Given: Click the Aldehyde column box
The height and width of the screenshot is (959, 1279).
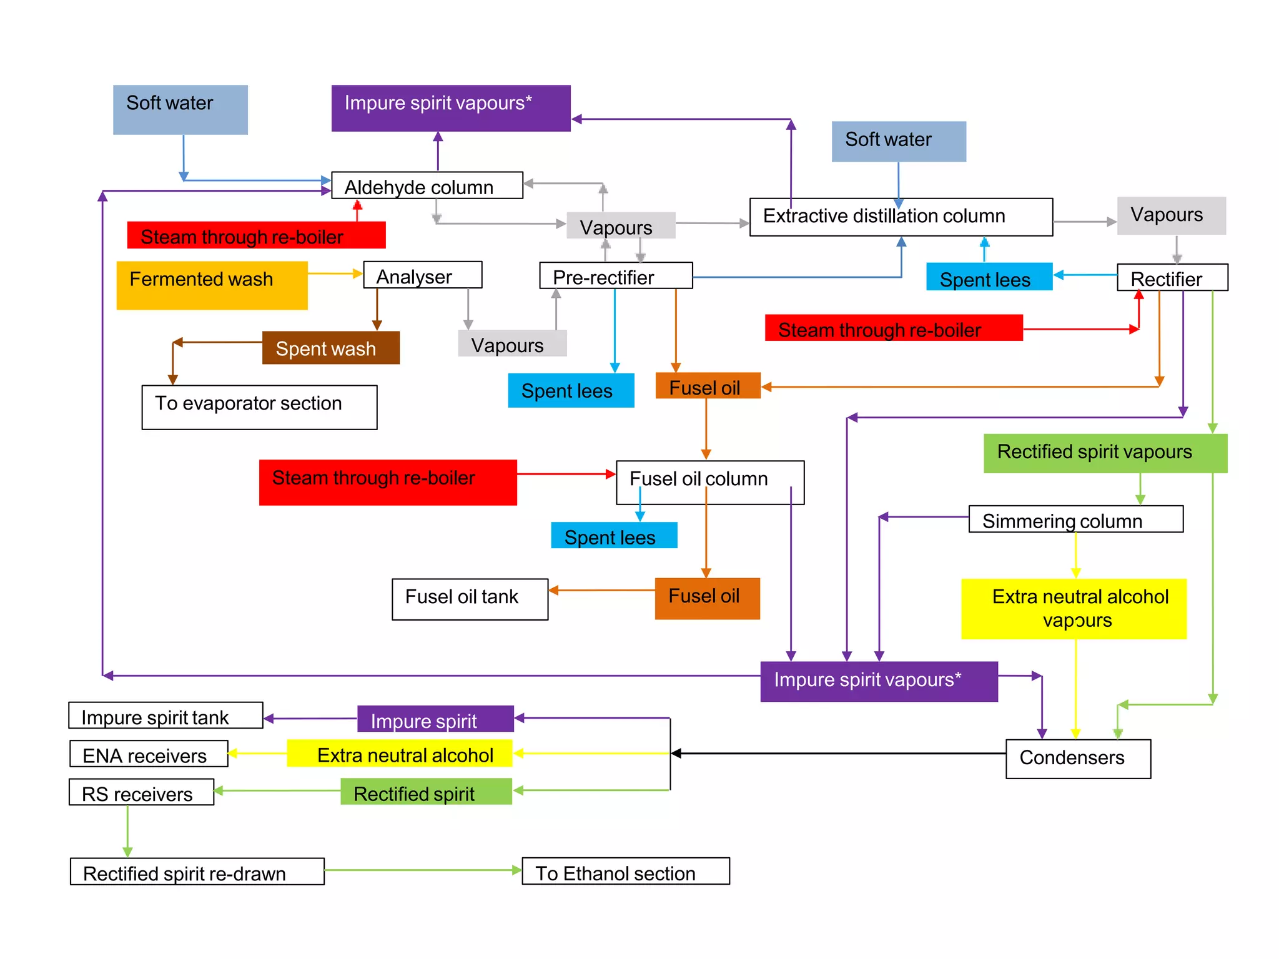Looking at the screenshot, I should pos(427,186).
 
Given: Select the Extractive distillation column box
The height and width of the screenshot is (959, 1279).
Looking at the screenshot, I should pos(901,217).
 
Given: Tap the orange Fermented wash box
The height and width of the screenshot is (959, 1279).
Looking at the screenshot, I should pos(212,285).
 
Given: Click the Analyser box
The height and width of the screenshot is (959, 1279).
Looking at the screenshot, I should pos(423,275).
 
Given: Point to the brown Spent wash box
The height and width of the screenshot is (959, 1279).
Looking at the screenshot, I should pos(330,348).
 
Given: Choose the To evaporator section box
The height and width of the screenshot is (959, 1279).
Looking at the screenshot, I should pos(259,407).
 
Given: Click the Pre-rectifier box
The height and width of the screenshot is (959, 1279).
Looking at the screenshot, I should pos(616,276).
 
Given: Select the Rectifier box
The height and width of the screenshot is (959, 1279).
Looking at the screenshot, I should pos(1172,278).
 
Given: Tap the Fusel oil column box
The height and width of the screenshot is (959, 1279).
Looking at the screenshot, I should pos(709,482).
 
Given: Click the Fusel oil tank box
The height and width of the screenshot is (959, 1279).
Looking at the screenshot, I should pos(470,599).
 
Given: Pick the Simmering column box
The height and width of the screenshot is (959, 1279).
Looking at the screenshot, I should pos(1075,519).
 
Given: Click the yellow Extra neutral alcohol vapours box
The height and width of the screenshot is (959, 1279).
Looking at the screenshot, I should pos(1073,609).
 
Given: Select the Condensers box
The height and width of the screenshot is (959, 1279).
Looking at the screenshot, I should pos(1077,759).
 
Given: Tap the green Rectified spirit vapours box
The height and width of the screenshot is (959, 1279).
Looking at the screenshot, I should pos(1105,453).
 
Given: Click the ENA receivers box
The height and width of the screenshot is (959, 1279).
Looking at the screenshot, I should pos(149,754).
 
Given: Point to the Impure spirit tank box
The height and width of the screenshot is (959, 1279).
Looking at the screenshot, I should pos(165,716).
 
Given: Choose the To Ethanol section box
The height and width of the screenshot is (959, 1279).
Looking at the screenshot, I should pos(625,871).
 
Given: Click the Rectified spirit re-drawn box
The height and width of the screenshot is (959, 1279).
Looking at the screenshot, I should pos(197,872).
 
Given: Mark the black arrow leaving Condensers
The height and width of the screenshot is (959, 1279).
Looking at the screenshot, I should pos(837,754).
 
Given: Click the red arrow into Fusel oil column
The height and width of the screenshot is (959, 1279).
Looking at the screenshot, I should pos(566,475).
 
